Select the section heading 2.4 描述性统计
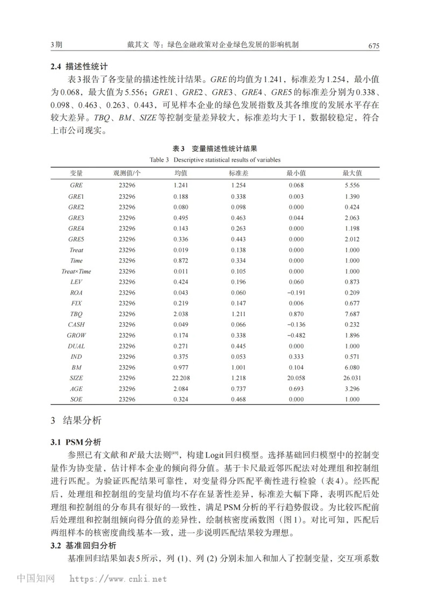coord(79,67)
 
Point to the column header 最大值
coord(352,173)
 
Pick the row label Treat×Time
coord(76,271)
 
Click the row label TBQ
coord(76,313)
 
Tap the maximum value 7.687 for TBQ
coord(352,313)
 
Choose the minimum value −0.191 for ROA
coord(295,292)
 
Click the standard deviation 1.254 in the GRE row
coord(238,185)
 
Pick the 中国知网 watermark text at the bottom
coord(36,579)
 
